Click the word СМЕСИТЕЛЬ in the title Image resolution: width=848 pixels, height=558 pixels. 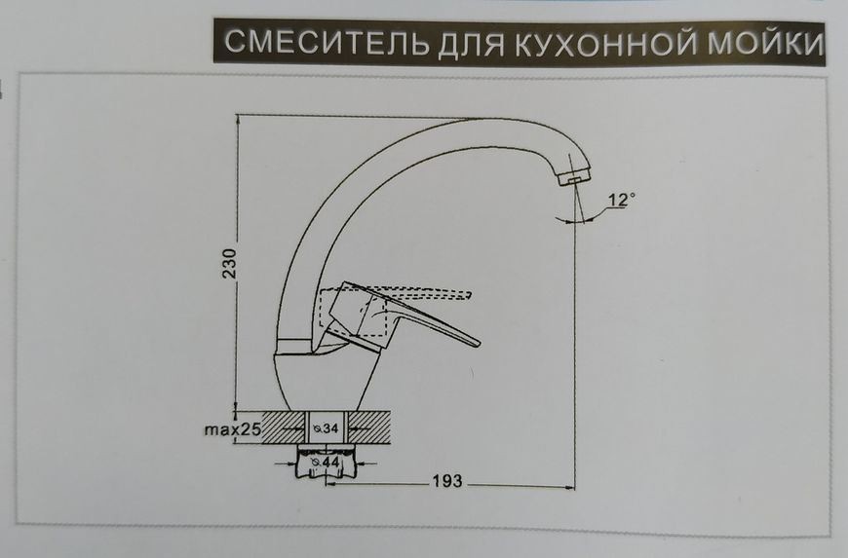coord(327,42)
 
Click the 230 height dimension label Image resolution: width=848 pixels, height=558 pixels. coord(230,263)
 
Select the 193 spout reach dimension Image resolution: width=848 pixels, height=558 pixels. coord(447,480)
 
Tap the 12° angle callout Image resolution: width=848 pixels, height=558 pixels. coord(621,200)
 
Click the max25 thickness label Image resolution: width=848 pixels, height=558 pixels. coord(233,430)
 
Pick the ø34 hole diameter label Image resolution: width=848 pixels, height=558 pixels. coord(327,428)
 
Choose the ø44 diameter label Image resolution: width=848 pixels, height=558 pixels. coord(326,463)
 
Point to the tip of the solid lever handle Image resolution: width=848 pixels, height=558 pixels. coord(477,343)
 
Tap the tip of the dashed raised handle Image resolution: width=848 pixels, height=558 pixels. coord(469,295)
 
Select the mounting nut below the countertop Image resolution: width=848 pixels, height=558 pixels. coord(328,463)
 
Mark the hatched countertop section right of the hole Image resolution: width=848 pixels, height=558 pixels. coord(369,428)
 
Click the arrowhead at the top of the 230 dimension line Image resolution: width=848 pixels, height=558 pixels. coord(237,120)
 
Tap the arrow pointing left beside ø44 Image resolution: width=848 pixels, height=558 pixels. coord(363,463)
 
